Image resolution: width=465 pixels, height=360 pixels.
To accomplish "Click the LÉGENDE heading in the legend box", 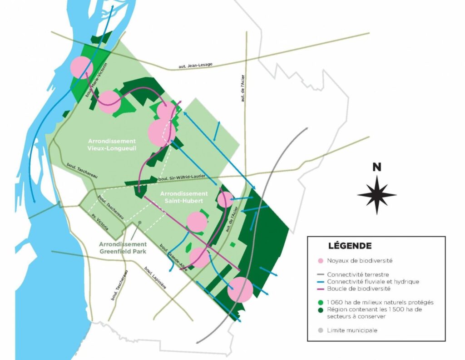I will tap(349, 246).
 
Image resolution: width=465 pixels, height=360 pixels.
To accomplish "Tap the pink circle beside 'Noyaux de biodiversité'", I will tap(321, 261).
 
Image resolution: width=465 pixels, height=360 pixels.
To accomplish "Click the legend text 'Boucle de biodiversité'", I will tap(359, 289).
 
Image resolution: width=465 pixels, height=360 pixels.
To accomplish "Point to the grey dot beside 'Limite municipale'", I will tap(321, 330).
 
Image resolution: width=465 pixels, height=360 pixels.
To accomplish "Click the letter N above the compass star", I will tap(376, 167).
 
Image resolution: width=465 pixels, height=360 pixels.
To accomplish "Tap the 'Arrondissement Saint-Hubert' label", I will tap(184, 197).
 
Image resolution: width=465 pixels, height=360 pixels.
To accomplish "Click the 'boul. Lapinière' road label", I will tap(155, 278).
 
